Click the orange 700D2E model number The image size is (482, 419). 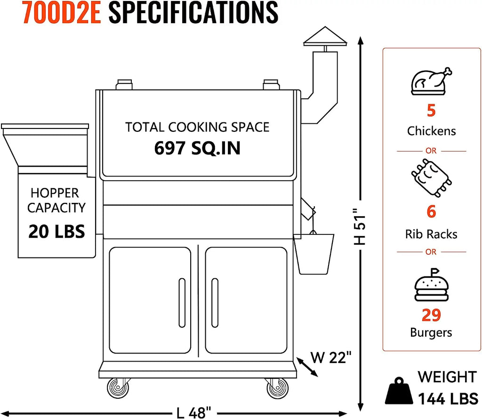coord(62,12)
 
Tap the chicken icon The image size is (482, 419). coord(431,81)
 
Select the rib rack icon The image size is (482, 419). coord(431,177)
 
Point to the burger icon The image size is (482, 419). coord(431,285)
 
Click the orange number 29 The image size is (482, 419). coord(431,315)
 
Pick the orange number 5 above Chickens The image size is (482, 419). coord(431,110)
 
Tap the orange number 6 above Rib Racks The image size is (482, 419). coord(431,211)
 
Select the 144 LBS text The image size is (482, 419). coord(448,399)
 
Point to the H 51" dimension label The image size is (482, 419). coord(360,226)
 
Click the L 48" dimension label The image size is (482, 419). coord(194,413)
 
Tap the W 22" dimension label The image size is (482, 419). coord(331,357)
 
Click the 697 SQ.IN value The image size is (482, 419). coord(197,148)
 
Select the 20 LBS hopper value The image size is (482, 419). coord(56,232)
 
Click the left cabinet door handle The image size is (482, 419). coord(182,303)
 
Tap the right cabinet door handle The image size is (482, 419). coord(215,303)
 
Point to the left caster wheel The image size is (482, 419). coord(118,388)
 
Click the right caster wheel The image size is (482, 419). coord(278,388)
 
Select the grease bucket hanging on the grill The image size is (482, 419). coord(314,254)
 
